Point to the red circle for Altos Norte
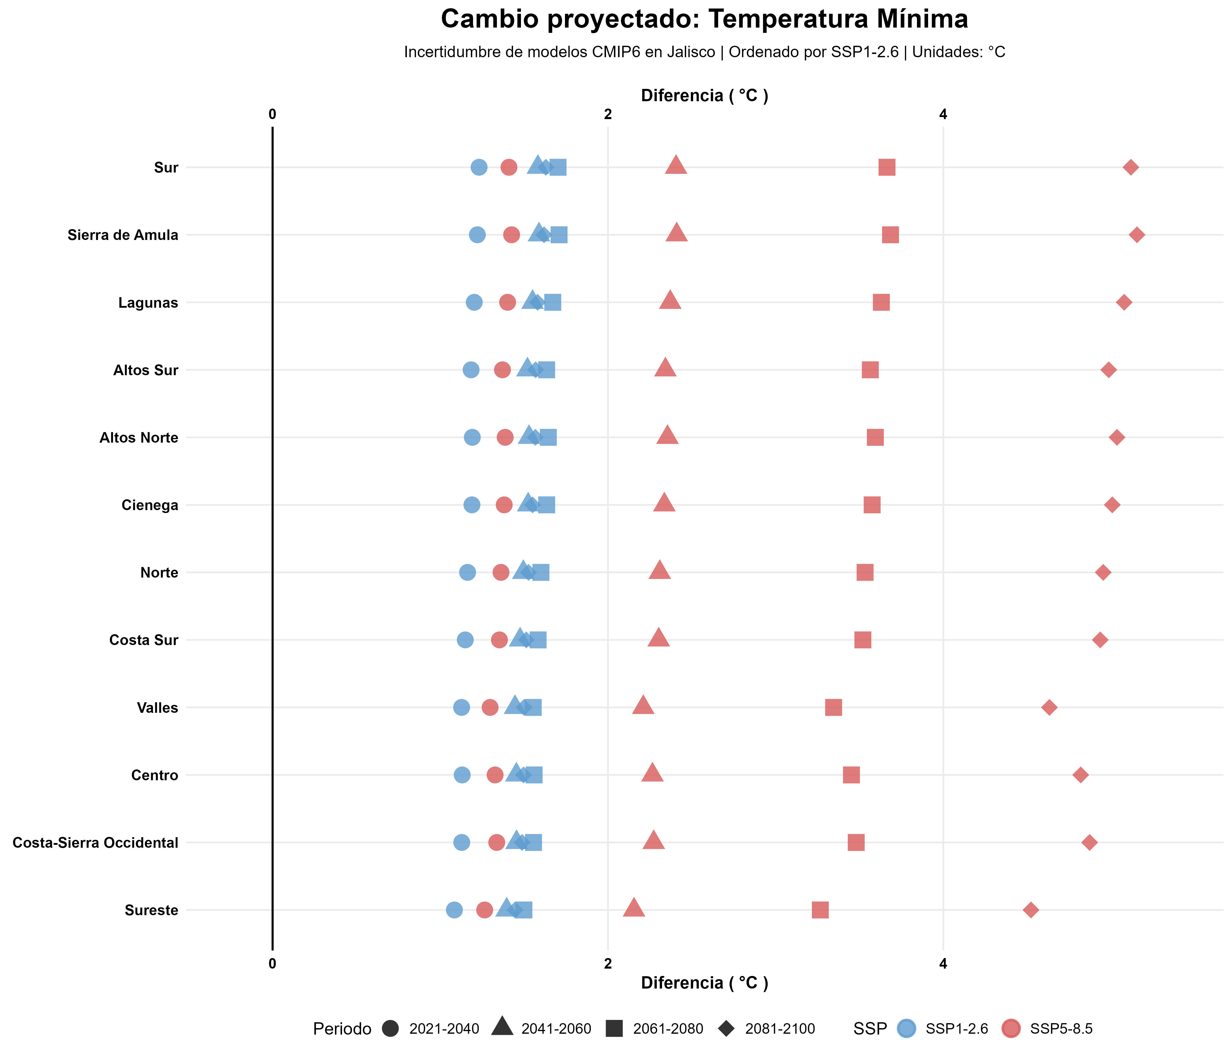(x=505, y=438)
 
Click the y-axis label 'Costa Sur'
(x=144, y=640)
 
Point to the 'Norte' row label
(x=159, y=573)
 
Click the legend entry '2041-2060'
(x=556, y=1029)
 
